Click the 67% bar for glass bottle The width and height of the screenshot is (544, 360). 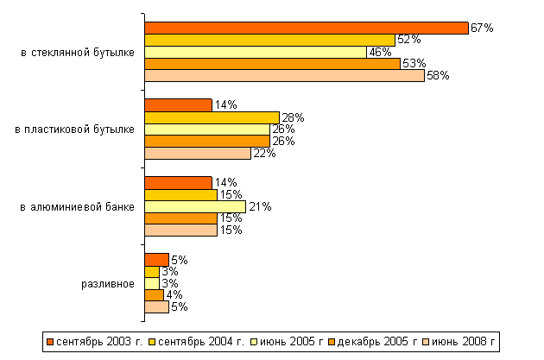click(x=307, y=28)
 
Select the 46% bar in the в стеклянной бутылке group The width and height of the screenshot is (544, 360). click(x=256, y=52)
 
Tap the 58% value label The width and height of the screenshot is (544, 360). click(x=437, y=76)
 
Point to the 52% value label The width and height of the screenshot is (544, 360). click(x=408, y=40)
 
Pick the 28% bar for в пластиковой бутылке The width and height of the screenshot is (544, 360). click(x=212, y=117)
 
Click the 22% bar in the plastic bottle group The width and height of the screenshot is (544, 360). click(x=198, y=153)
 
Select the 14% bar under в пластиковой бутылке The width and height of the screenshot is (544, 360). click(x=178, y=105)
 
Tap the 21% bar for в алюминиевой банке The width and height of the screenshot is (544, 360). click(x=195, y=206)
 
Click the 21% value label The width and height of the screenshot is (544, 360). click(x=260, y=206)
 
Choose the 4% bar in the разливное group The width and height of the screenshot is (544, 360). click(x=154, y=295)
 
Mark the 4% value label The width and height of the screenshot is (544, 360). click(x=172, y=295)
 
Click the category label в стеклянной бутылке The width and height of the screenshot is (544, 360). click(x=77, y=53)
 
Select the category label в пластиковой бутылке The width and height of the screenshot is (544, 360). click(x=75, y=129)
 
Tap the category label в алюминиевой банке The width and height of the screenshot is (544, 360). click(x=77, y=206)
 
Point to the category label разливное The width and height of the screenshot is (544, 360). click(x=108, y=283)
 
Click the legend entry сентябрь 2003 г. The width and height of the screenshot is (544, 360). click(x=93, y=341)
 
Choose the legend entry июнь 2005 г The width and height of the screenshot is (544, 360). click(x=287, y=341)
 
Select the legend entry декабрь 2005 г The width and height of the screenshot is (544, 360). click(x=373, y=341)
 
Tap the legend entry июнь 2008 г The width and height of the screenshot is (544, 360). click(x=463, y=341)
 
